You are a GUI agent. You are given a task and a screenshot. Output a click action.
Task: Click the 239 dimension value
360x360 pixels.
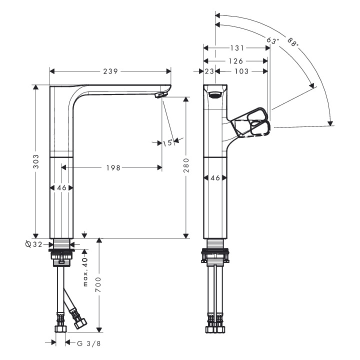pyautogui.click(x=110, y=71)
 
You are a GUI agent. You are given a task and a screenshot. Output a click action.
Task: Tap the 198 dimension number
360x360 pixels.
pyautogui.click(x=113, y=168)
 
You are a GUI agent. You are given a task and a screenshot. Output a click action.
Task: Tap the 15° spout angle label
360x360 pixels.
pyautogui.click(x=167, y=143)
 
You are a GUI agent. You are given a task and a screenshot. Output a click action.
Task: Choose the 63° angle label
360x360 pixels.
pyautogui.click(x=272, y=39)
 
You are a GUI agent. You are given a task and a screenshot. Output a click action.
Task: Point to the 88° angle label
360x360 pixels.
pyautogui.click(x=290, y=41)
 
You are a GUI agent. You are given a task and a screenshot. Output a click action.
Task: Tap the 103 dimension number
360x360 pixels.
pyautogui.click(x=241, y=72)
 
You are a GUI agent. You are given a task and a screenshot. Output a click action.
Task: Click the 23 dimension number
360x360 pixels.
pyautogui.click(x=209, y=72)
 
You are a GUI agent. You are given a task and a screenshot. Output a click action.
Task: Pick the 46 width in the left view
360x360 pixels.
pyautogui.click(x=61, y=187)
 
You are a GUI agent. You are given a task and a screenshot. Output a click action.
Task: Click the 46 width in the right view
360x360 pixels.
pyautogui.click(x=215, y=177)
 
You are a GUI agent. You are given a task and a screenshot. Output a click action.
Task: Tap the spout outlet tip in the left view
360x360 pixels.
pyautogui.click(x=160, y=94)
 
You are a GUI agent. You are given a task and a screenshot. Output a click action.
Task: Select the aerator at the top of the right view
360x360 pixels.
pyautogui.click(x=215, y=95)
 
